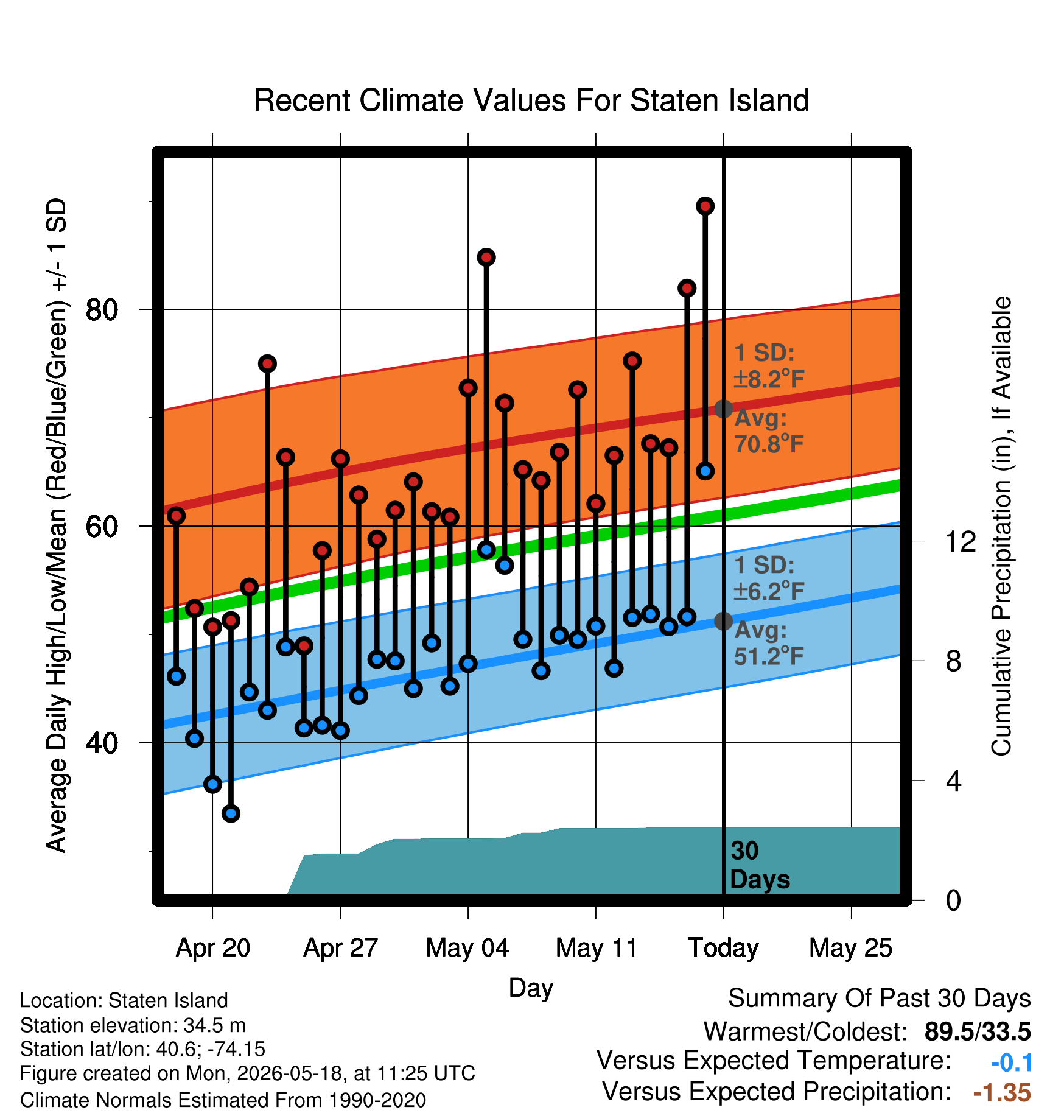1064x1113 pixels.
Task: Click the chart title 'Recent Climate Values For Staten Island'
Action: (x=531, y=100)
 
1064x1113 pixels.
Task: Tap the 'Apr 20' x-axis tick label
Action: (x=213, y=948)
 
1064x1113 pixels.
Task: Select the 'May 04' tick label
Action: (x=467, y=948)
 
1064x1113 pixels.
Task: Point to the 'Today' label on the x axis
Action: (x=723, y=948)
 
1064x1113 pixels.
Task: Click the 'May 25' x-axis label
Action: (x=850, y=948)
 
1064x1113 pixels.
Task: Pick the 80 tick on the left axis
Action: (x=102, y=310)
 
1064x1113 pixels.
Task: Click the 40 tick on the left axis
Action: (x=102, y=743)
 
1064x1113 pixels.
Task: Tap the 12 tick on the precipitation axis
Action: (x=960, y=541)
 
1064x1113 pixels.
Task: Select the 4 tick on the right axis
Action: (x=953, y=781)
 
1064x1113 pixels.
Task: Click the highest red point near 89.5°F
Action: (x=705, y=206)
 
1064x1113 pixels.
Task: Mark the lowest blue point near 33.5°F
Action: (x=231, y=813)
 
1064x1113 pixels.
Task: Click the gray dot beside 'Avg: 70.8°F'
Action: (x=723, y=409)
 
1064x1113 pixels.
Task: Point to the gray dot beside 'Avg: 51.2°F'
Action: (x=723, y=621)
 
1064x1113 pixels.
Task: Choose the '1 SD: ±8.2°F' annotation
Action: (x=769, y=366)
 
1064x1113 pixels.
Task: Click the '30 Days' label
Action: (x=760, y=865)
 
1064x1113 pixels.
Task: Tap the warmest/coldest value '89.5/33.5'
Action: (x=978, y=1031)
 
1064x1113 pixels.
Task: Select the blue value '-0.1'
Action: (x=1012, y=1062)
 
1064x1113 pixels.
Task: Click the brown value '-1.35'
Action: (x=1002, y=1093)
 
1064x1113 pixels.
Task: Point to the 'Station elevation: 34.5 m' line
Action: (x=133, y=1025)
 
